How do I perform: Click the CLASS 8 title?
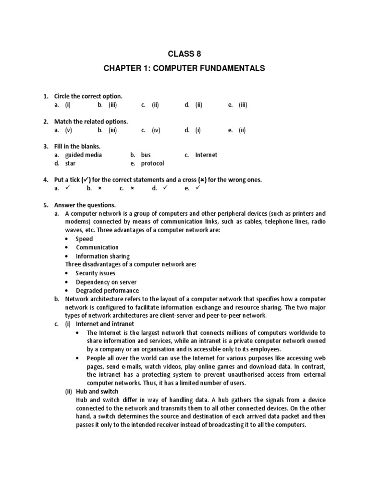[184, 53]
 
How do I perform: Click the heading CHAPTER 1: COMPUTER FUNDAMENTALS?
[184, 69]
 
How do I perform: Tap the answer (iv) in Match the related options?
[156, 130]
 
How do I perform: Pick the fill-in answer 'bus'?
[146, 155]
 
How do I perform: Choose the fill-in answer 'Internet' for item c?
[206, 155]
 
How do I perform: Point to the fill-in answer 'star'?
[71, 163]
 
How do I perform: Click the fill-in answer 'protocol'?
[153, 163]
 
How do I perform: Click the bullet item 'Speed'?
[84, 239]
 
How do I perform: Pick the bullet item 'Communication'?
[97, 247]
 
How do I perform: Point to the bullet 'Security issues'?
[95, 273]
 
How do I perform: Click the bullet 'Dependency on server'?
[106, 282]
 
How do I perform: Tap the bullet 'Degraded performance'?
[107, 291]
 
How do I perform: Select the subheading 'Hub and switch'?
[98, 392]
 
